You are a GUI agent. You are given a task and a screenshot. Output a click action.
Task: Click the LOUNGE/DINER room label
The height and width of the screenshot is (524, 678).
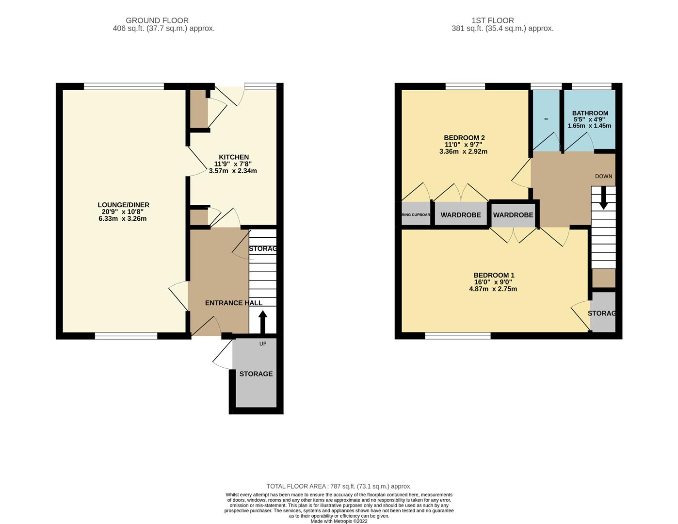pyautogui.click(x=123, y=205)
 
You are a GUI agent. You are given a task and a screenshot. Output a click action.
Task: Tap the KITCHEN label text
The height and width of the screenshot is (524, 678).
pyautogui.click(x=234, y=157)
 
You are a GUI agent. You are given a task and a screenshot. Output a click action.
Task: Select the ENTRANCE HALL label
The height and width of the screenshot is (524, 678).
pyautogui.click(x=233, y=303)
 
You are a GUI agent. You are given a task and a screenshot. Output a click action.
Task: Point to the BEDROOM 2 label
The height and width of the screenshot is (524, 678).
pyautogui.click(x=464, y=138)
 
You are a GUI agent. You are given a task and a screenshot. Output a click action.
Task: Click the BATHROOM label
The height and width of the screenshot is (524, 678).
pyautogui.click(x=590, y=113)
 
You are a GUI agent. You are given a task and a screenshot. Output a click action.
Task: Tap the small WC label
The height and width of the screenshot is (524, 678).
pyautogui.click(x=546, y=119)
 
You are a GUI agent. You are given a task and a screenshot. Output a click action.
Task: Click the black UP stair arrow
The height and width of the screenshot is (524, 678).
pyautogui.click(x=262, y=322)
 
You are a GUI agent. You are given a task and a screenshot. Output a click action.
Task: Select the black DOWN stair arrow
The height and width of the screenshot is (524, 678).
pyautogui.click(x=603, y=199)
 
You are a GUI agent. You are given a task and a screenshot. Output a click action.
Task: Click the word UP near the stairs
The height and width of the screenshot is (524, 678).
pyautogui.click(x=263, y=344)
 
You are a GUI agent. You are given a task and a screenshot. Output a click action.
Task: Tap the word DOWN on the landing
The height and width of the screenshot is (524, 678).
pyautogui.click(x=603, y=176)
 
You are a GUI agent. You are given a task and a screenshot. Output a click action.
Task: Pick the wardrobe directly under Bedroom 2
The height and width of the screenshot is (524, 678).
pyautogui.click(x=461, y=215)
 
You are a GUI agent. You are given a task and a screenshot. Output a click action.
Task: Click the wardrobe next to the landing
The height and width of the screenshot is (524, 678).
pyautogui.click(x=513, y=215)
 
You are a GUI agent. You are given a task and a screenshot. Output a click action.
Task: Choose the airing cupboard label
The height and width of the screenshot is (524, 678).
pyautogui.click(x=416, y=214)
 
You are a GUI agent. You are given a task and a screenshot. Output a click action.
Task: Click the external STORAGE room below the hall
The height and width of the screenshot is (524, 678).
pyautogui.click(x=256, y=374)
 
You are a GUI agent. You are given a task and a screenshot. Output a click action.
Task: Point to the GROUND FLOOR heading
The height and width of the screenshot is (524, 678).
pyautogui.click(x=157, y=20)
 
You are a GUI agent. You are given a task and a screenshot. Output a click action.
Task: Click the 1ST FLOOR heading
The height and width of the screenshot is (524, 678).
pyautogui.click(x=492, y=20)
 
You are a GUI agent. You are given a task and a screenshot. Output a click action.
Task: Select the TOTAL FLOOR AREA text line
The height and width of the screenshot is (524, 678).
pyautogui.click(x=339, y=486)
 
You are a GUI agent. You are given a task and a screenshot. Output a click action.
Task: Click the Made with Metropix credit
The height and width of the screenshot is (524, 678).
pyautogui.click(x=339, y=521)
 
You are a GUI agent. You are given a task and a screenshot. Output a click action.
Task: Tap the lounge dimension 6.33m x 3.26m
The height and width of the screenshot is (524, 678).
pyautogui.click(x=123, y=219)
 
